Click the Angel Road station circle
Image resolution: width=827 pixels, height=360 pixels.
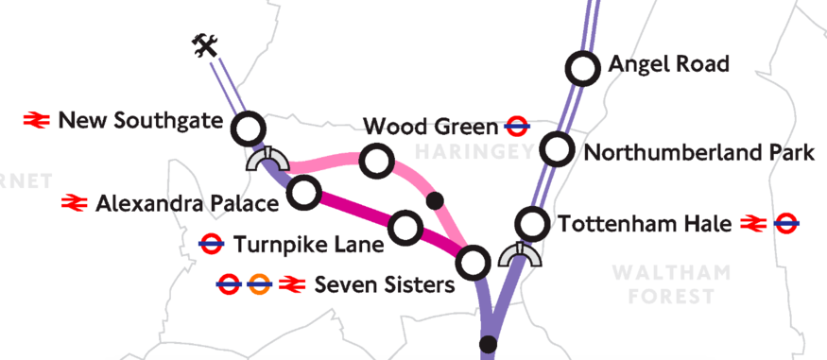pyautogui.click(x=582, y=68)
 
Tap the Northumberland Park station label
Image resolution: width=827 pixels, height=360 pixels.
pyautogui.click(x=698, y=152)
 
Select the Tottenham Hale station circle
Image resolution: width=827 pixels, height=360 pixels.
pyautogui.click(x=533, y=225)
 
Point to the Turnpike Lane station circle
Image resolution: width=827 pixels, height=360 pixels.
pyautogui.click(x=405, y=227)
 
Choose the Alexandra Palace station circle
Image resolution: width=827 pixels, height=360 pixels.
pyautogui.click(x=303, y=193)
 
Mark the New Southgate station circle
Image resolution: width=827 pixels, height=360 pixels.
pyautogui.click(x=250, y=128)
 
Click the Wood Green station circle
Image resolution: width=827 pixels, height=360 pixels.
pyautogui.click(x=377, y=161)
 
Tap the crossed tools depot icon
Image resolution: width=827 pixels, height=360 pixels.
pyautogui.click(x=204, y=45)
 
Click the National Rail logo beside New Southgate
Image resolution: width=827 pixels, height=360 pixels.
pyautogui.click(x=37, y=120)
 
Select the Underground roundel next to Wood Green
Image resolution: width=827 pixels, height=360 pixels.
pyautogui.click(x=517, y=125)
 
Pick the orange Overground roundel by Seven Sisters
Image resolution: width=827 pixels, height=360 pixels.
pyautogui.click(x=258, y=283)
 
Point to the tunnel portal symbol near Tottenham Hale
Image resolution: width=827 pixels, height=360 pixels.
pyautogui.click(x=521, y=254)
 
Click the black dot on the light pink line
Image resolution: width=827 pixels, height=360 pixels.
pyautogui.click(x=435, y=200)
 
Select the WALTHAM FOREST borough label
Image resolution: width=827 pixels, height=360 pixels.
pyautogui.click(x=671, y=284)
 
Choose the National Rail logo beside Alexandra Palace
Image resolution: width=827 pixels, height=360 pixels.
pyautogui.click(x=75, y=202)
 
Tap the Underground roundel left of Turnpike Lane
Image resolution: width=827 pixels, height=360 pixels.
pyautogui.click(x=211, y=246)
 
